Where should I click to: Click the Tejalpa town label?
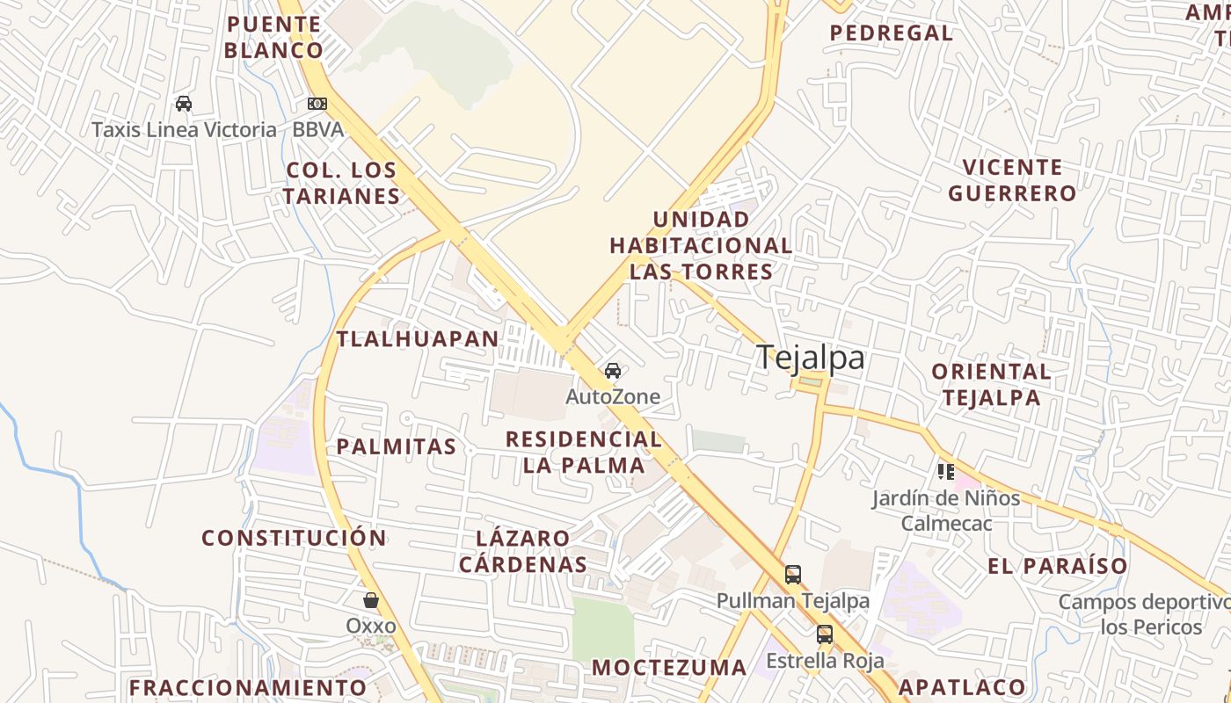pos(810,358)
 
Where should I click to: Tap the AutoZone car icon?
pos(613,371)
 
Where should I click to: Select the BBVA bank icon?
pos(317,104)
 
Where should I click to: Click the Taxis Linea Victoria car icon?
pos(184,104)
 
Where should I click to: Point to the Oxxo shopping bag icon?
pos(371,600)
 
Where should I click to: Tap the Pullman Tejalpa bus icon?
pos(793,575)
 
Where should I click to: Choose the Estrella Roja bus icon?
pos(825,634)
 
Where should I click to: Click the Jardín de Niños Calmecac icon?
pos(946,472)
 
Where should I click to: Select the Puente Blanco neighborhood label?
pos(273,37)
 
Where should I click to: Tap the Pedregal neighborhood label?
pos(892,33)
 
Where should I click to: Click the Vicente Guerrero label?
pos(1012,180)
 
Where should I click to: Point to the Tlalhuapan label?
pos(418,338)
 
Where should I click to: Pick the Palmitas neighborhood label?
pos(397,446)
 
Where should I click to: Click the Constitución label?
pos(294,538)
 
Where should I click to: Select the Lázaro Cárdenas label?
pos(523,551)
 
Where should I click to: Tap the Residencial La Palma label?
pos(584,452)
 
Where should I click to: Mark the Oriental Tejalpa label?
pos(991,384)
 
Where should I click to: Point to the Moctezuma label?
pos(669,668)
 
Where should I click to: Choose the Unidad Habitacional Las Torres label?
pos(701,245)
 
